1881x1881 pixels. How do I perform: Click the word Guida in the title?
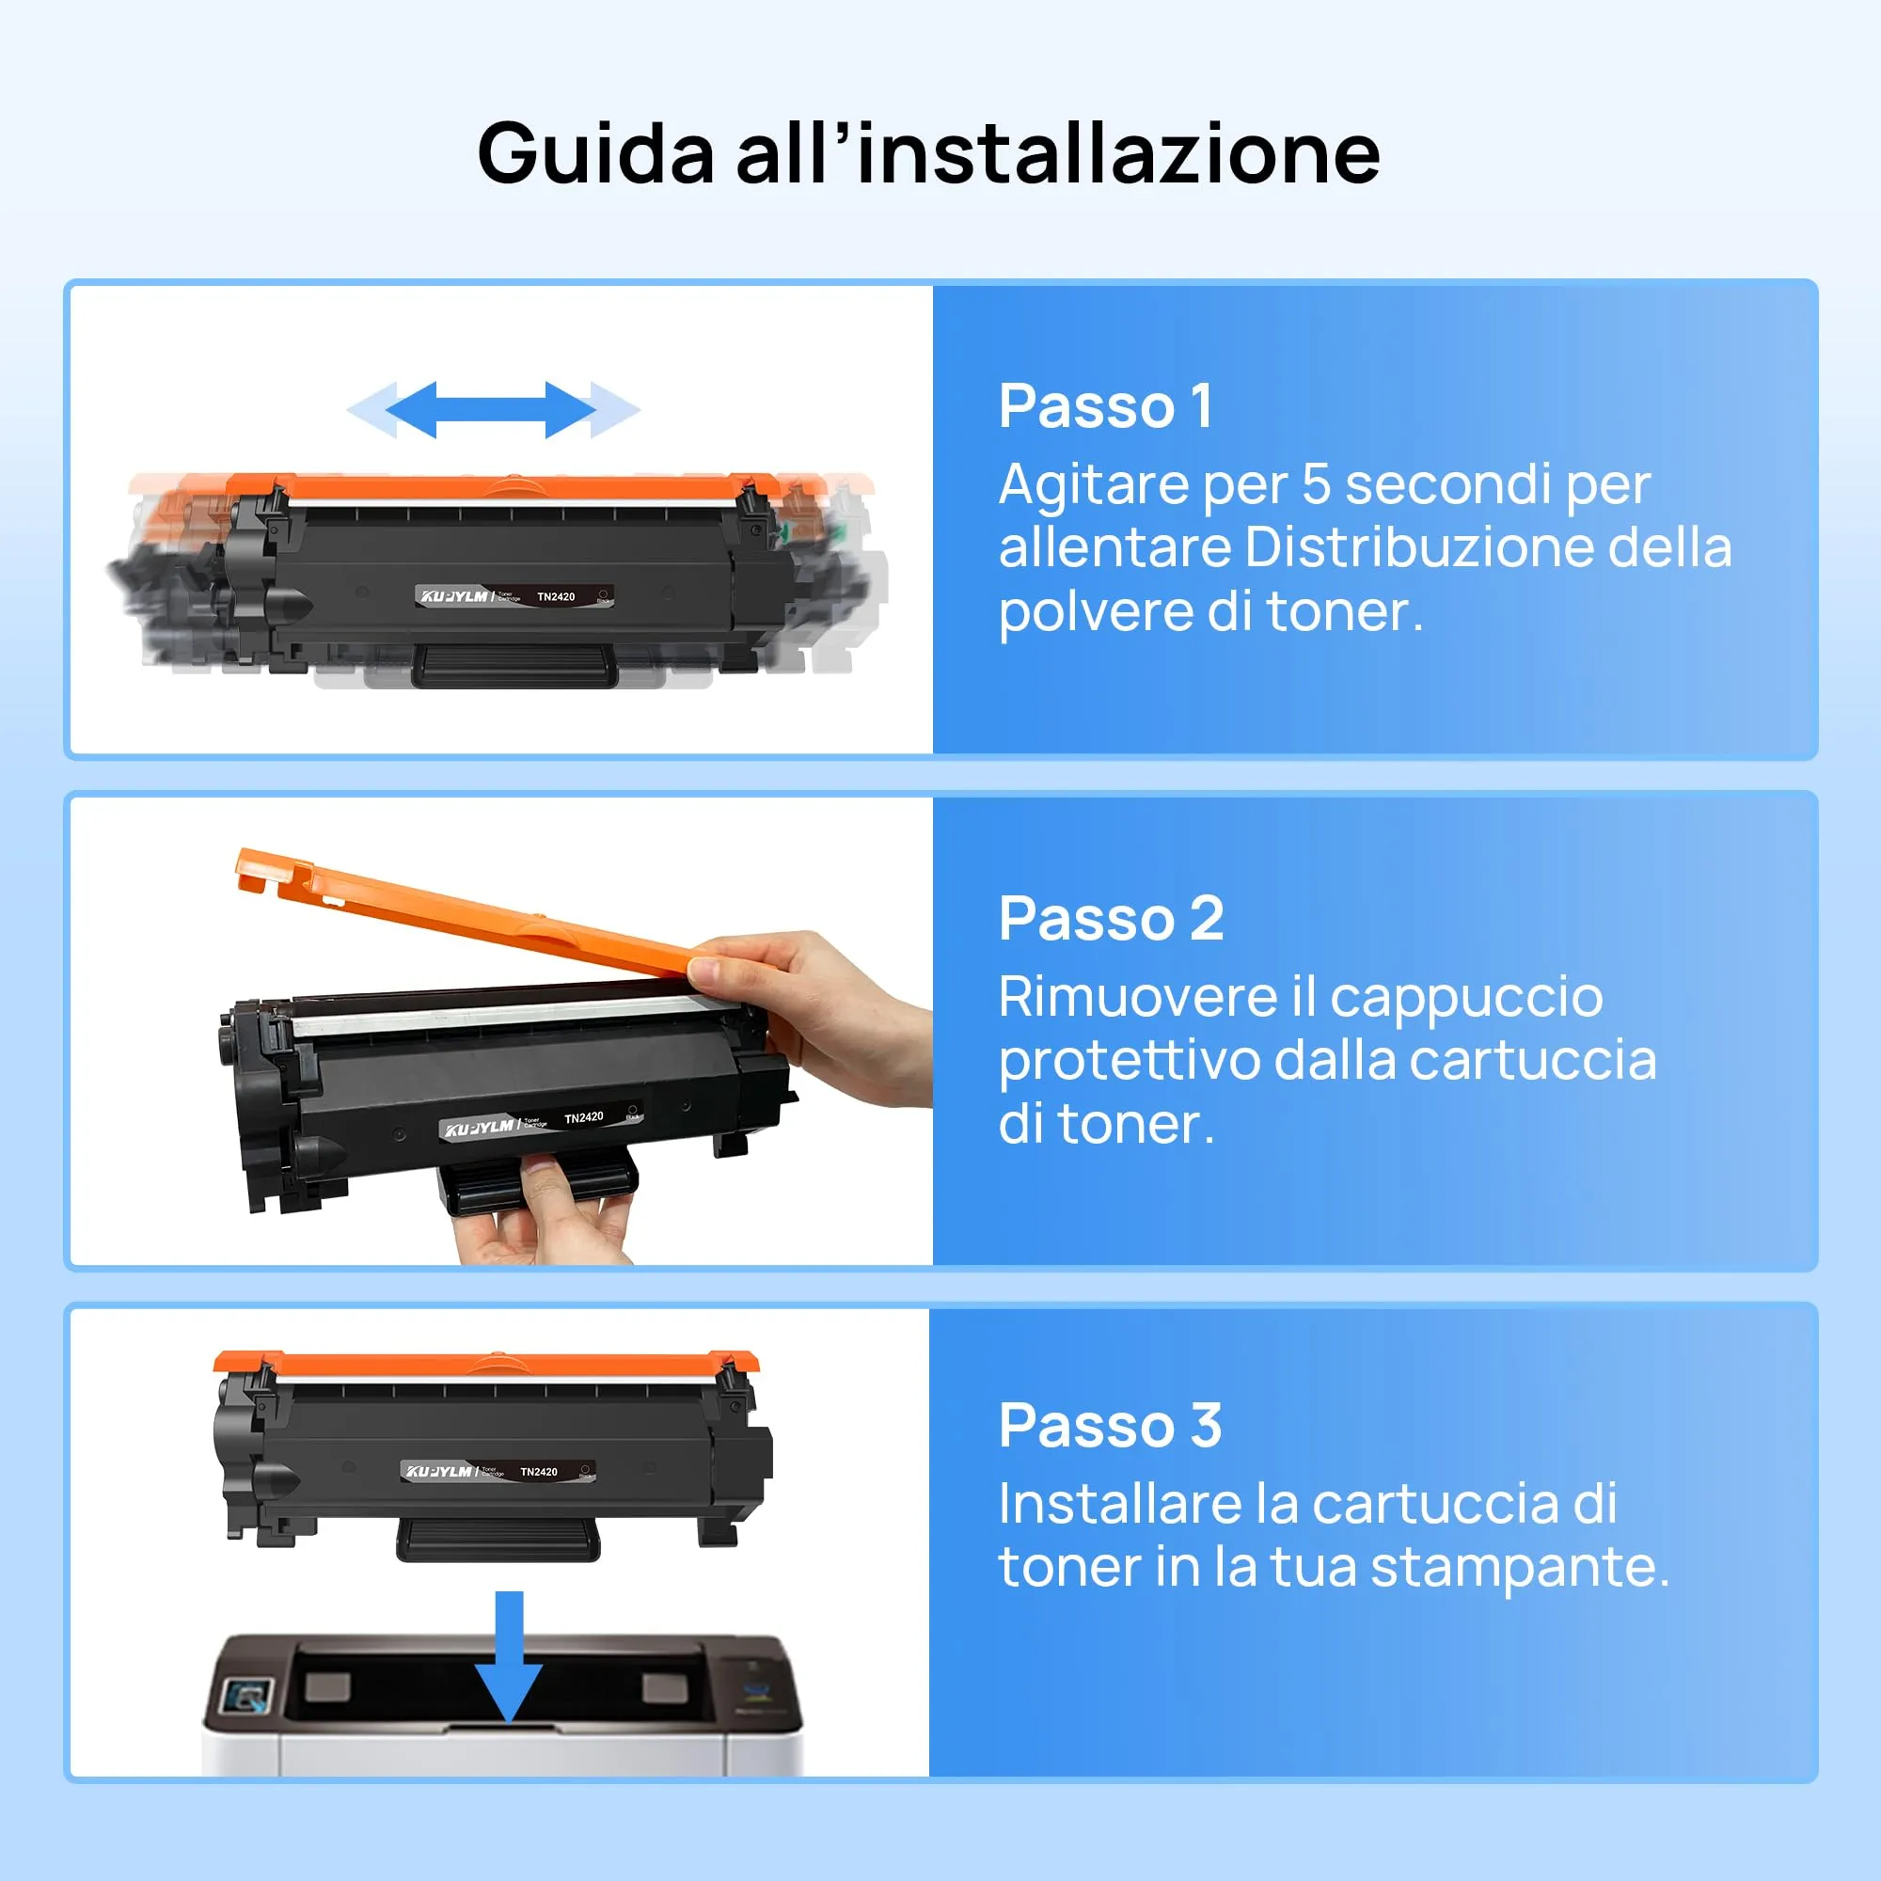point(596,154)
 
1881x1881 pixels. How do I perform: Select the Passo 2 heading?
point(1111,918)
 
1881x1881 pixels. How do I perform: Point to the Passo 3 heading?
point(1110,1426)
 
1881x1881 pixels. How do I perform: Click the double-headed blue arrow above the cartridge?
point(492,410)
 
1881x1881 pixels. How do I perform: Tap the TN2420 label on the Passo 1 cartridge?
point(556,597)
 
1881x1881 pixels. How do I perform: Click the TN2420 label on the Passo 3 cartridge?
point(538,1472)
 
